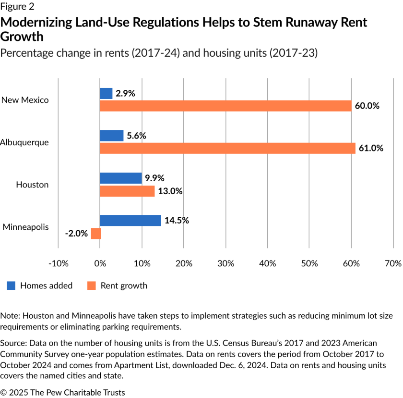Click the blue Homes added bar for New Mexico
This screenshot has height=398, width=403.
[106, 94]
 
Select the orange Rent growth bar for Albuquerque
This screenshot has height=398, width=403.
[227, 148]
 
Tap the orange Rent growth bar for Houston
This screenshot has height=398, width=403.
[127, 191]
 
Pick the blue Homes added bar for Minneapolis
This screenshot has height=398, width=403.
[130, 221]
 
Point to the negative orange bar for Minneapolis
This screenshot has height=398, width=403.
[96, 234]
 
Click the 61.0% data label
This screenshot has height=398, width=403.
[371, 148]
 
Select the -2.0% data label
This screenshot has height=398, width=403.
[76, 234]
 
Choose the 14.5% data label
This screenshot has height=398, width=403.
[177, 221]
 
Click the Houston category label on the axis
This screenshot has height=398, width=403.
[32, 185]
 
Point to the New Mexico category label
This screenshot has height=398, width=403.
[25, 100]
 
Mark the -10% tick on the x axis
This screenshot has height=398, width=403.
[58, 263]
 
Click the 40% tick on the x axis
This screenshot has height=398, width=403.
[267, 263]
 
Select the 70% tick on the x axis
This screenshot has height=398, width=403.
[393, 263]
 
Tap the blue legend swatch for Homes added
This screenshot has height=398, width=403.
[11, 286]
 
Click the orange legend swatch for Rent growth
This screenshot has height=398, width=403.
[92, 286]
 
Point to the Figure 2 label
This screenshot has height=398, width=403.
[17, 7]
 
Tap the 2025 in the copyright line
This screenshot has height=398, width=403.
[18, 392]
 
